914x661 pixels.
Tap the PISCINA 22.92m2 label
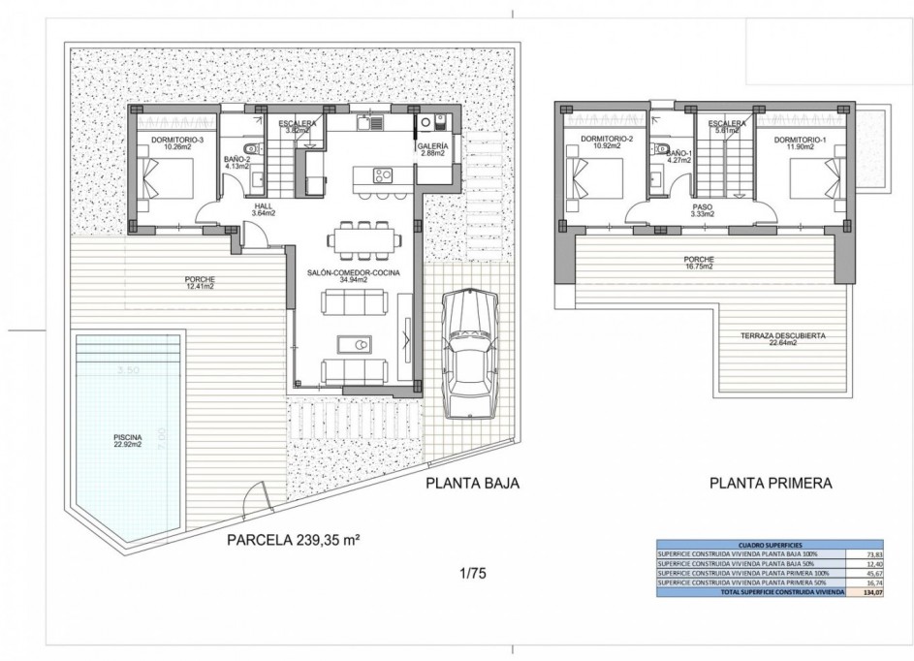pos(126,442)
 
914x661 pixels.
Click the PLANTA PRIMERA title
pos(772,481)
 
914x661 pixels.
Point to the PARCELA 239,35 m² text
pos(292,540)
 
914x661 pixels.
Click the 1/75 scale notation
pos(473,574)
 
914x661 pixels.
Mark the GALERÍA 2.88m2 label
pos(432,149)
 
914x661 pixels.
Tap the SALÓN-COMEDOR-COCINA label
pos(355,277)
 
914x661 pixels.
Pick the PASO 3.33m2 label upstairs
pos(704,210)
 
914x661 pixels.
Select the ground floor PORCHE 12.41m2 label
pos(202,283)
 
